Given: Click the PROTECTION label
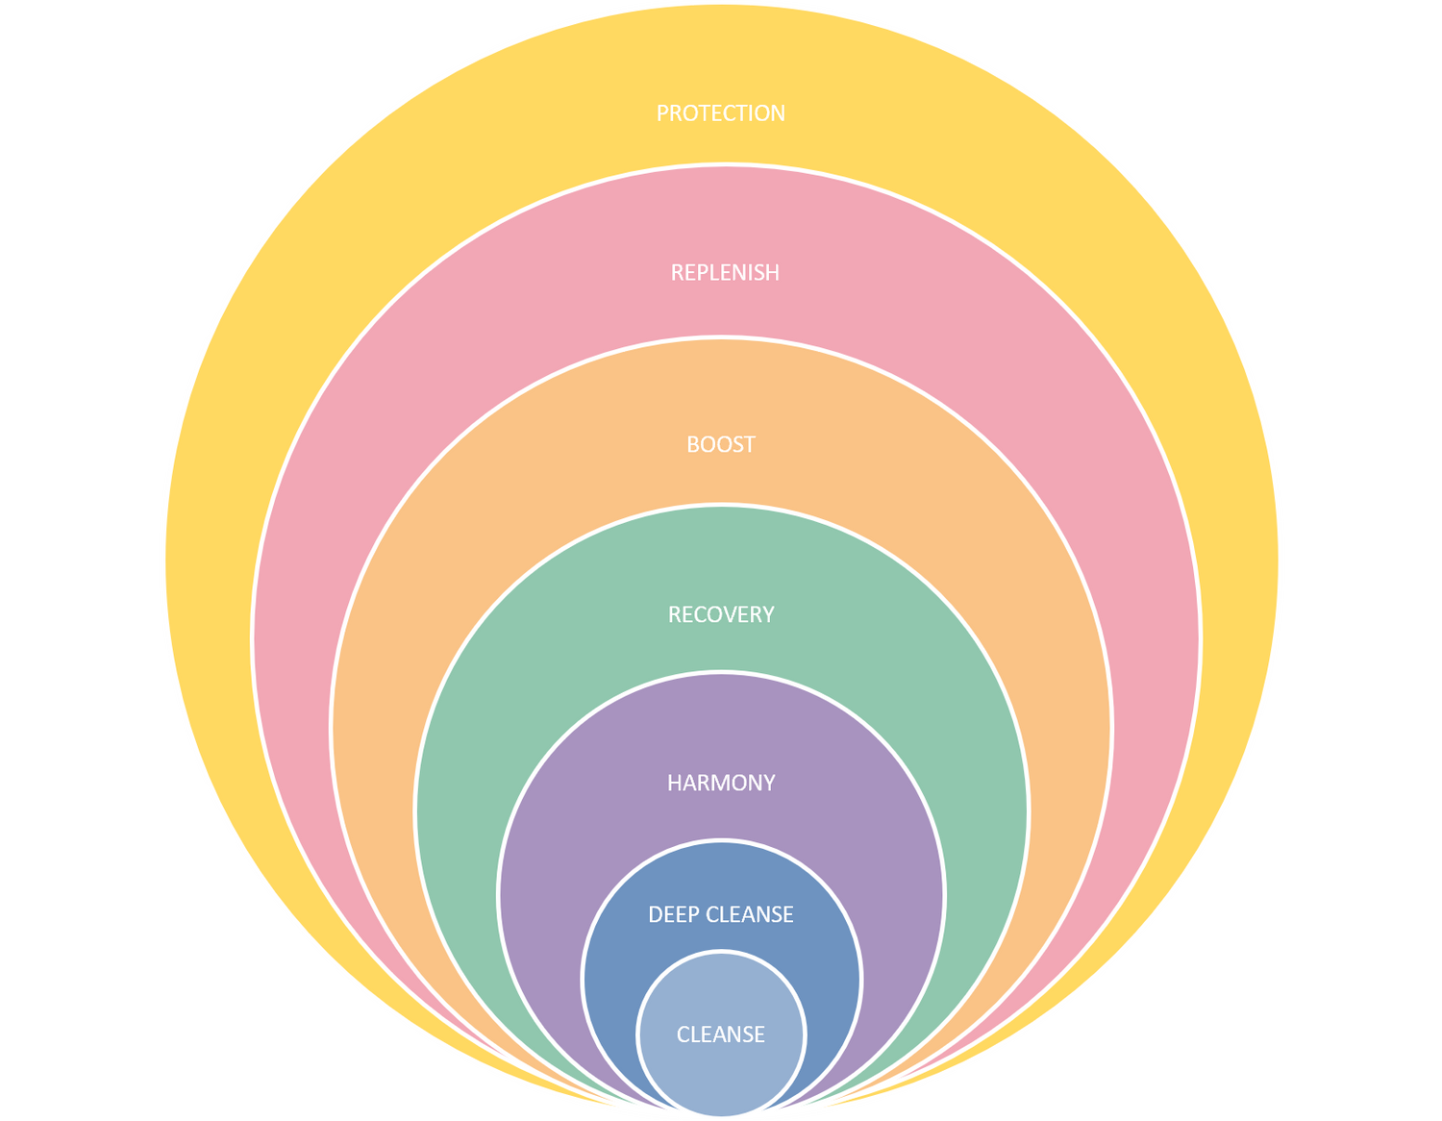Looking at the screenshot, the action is pyautogui.click(x=721, y=113).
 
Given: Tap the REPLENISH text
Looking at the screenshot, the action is pyautogui.click(x=725, y=273).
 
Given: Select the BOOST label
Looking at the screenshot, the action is pyautogui.click(x=721, y=444).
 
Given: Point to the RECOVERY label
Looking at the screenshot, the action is pyautogui.click(x=721, y=615).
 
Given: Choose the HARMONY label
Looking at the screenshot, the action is pyautogui.click(x=721, y=784).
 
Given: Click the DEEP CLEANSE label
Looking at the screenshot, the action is pyautogui.click(x=721, y=914).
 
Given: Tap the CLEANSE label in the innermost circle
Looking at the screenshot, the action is pyautogui.click(x=721, y=1034).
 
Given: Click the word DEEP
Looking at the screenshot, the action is pyautogui.click(x=673, y=914).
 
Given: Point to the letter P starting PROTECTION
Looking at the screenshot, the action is pyautogui.click(x=662, y=113).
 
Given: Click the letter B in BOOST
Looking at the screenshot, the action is pyautogui.click(x=693, y=444).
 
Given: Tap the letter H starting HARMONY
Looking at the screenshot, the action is pyautogui.click(x=674, y=784).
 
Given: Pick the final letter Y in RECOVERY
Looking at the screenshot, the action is pyautogui.click(x=768, y=615).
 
